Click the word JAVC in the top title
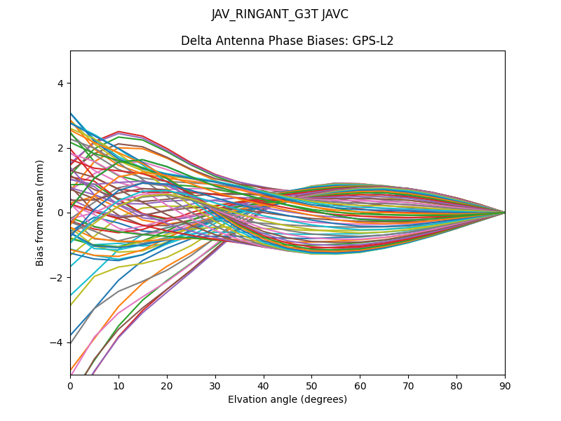[332, 14]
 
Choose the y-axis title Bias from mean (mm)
[40, 212]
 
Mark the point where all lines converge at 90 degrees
[505, 213]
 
